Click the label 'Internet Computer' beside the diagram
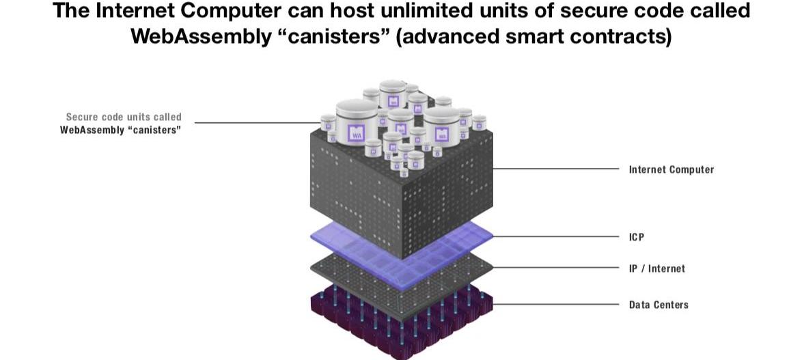point(671,169)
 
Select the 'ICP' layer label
point(637,237)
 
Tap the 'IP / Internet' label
point(656,268)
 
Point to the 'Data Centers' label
point(659,305)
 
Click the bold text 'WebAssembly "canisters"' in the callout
point(120,130)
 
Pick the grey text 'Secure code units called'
point(124,117)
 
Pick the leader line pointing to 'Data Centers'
point(553,305)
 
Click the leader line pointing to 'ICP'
point(553,237)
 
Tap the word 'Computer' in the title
point(238,11)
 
